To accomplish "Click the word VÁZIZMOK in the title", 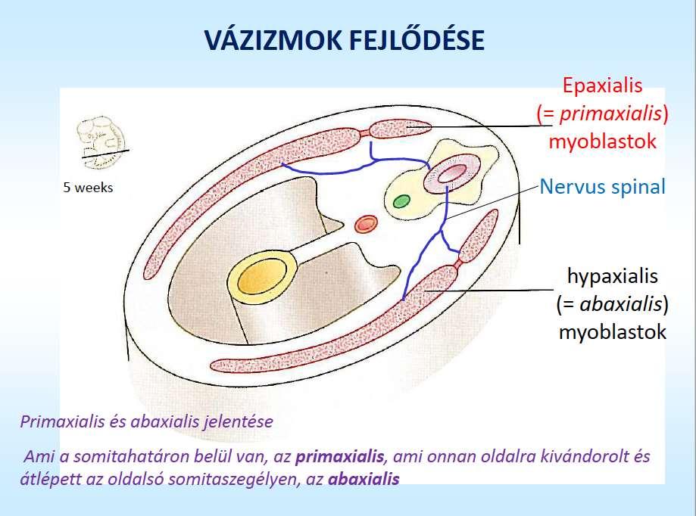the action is pyautogui.click(x=273, y=40).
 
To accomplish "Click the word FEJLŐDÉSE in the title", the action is pyautogui.click(x=417, y=40).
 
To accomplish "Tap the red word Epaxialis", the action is pyautogui.click(x=602, y=85).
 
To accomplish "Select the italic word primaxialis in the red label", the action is pyautogui.click(x=610, y=114).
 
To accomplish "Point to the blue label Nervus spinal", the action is pyautogui.click(x=602, y=187).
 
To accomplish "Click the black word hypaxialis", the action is pyautogui.click(x=613, y=276).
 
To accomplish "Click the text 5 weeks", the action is pyautogui.click(x=88, y=188).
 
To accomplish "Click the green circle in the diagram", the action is pyautogui.click(x=401, y=201).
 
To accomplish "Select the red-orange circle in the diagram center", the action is pyautogui.click(x=366, y=223).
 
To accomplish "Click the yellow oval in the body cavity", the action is pyautogui.click(x=261, y=279).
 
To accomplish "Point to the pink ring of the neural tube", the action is pyautogui.click(x=452, y=174).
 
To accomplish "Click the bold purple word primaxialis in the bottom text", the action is pyautogui.click(x=339, y=456).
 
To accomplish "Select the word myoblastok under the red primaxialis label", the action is pyautogui.click(x=602, y=141).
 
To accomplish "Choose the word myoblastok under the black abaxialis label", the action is pyautogui.click(x=613, y=332).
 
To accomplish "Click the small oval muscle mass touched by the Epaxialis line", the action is pyautogui.click(x=401, y=129).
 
